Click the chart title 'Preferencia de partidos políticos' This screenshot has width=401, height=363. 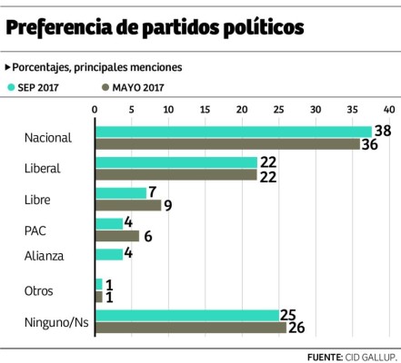pos(155,28)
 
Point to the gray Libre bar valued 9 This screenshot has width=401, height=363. pos(127,205)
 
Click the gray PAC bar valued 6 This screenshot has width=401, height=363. pos(116,236)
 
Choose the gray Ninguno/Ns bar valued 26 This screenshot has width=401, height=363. pos(190,328)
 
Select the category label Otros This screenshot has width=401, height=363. pos(41,291)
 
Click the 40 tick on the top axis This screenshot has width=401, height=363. pos(389,110)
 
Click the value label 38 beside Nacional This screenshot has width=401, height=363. pos(383,131)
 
